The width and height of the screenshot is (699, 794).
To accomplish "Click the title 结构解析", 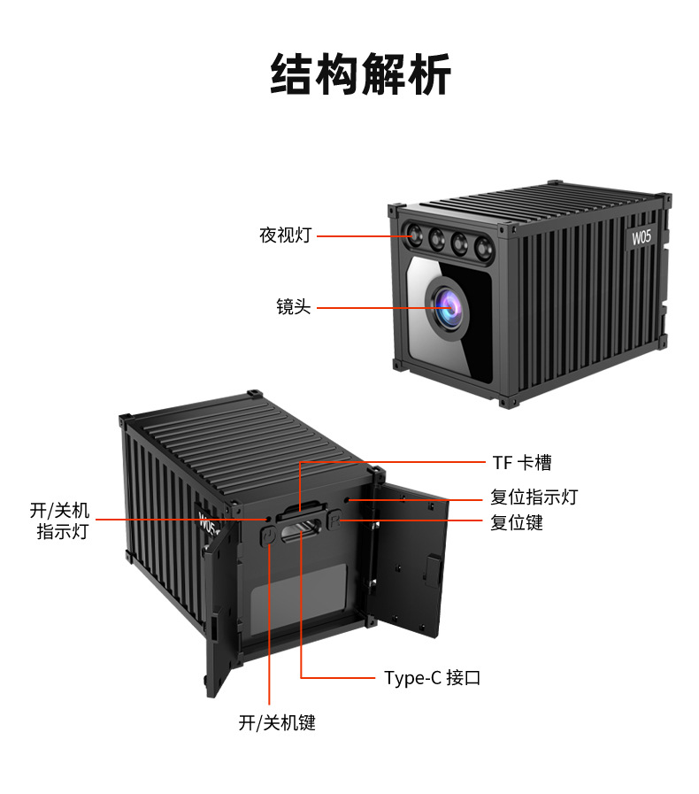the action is (x=360, y=74).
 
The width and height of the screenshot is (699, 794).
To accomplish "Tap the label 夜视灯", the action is (x=286, y=235).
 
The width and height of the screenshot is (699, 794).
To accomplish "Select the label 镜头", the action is (x=294, y=307).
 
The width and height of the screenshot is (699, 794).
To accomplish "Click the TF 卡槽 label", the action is (x=522, y=463).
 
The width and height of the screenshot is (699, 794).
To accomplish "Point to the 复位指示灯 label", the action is (x=534, y=497).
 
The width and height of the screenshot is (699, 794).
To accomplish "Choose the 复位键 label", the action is (x=516, y=522).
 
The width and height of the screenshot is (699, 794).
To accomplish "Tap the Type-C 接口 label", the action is (x=433, y=677).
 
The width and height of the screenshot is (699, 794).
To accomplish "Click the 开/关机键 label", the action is (x=277, y=722).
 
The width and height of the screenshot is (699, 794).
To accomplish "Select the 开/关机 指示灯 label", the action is (x=60, y=520).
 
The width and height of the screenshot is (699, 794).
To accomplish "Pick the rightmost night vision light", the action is (x=484, y=248).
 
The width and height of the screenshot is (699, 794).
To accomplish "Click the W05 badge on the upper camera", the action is (x=641, y=237).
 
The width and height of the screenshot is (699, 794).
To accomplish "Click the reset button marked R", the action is (x=334, y=520).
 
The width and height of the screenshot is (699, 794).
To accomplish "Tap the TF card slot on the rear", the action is (x=300, y=509).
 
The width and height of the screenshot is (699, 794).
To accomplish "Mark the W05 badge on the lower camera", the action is (x=208, y=521).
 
